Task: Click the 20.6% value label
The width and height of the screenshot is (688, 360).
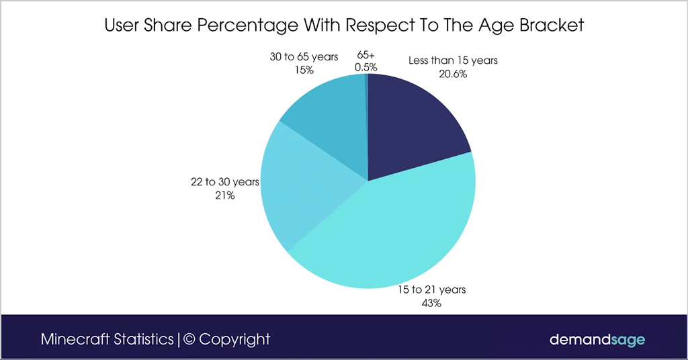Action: tap(453, 74)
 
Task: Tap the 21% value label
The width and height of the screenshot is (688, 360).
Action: tap(225, 195)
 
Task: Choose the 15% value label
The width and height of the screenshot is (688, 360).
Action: tap(304, 70)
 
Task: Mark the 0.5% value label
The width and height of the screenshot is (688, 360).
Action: tap(366, 67)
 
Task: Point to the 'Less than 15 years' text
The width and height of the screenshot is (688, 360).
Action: tap(453, 60)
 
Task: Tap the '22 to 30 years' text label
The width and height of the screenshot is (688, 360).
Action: tap(225, 182)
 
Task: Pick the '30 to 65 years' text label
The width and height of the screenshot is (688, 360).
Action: tap(304, 57)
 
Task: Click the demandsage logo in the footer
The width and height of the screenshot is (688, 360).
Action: tap(597, 339)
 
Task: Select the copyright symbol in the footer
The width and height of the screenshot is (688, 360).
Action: tap(189, 339)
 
